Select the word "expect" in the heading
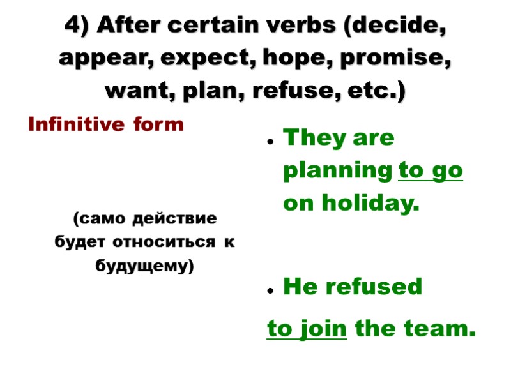(x=202, y=59)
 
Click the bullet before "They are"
(x=271, y=142)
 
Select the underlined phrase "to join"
(x=307, y=329)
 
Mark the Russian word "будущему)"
(x=144, y=266)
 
